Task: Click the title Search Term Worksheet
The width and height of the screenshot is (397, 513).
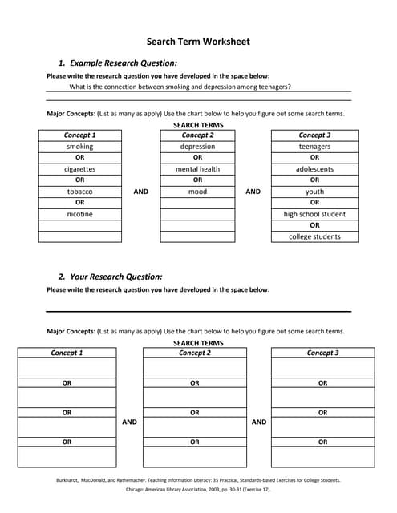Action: point(198,42)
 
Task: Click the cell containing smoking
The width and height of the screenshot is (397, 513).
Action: point(79,147)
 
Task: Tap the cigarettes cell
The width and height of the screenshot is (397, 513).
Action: point(79,169)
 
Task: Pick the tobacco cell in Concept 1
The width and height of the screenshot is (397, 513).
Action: point(79,192)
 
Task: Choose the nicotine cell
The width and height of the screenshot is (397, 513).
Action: point(79,214)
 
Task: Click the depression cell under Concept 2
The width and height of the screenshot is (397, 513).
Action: point(197,147)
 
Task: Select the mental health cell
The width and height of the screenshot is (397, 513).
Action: point(197,169)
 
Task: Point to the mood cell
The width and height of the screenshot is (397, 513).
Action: point(197,192)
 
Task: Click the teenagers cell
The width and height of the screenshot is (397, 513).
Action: point(314,147)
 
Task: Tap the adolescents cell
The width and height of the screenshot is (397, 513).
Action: point(314,169)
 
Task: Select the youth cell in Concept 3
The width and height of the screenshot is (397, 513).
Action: point(314,192)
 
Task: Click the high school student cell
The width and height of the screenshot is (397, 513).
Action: point(314,214)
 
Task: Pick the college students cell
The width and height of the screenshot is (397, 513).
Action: point(314,236)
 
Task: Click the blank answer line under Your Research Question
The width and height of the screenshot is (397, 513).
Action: point(198,309)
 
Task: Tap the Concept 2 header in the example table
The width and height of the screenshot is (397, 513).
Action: point(197,135)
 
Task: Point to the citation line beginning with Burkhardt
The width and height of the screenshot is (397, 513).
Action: point(198,480)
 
